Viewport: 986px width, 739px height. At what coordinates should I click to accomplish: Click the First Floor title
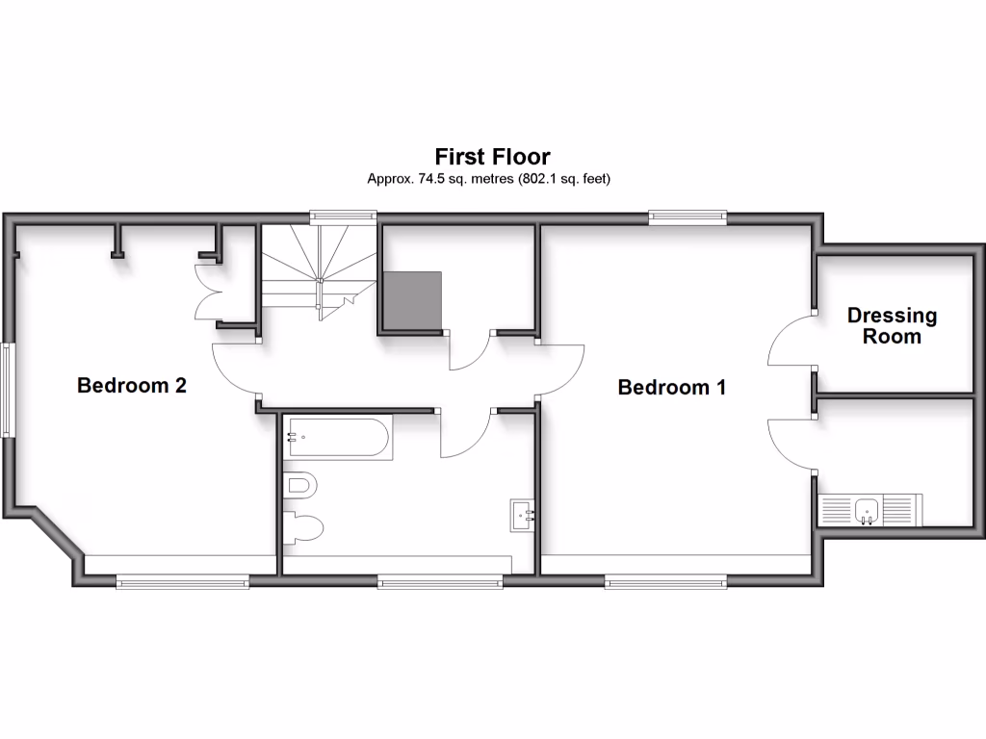pyautogui.click(x=492, y=156)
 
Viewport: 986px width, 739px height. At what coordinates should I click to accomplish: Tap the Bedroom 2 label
pyautogui.click(x=131, y=386)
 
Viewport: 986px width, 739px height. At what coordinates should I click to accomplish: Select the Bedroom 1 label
pyautogui.click(x=671, y=387)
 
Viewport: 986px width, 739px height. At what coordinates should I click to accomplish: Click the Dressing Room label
pyautogui.click(x=892, y=325)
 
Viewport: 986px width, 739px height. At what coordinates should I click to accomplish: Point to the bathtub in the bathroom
pyautogui.click(x=338, y=438)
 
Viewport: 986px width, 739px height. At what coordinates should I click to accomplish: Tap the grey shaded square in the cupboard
pyautogui.click(x=412, y=300)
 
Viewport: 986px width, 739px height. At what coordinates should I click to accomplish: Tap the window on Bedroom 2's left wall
pyautogui.click(x=7, y=390)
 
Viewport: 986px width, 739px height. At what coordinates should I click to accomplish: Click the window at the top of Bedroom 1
pyautogui.click(x=688, y=217)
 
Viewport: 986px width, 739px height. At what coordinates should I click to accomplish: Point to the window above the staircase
pyautogui.click(x=343, y=217)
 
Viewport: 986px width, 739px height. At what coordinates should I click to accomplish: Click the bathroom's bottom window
pyautogui.click(x=439, y=581)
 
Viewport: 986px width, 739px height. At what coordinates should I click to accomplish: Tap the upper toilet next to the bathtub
pyautogui.click(x=300, y=485)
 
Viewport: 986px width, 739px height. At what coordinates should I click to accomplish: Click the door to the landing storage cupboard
pyautogui.click(x=470, y=352)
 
